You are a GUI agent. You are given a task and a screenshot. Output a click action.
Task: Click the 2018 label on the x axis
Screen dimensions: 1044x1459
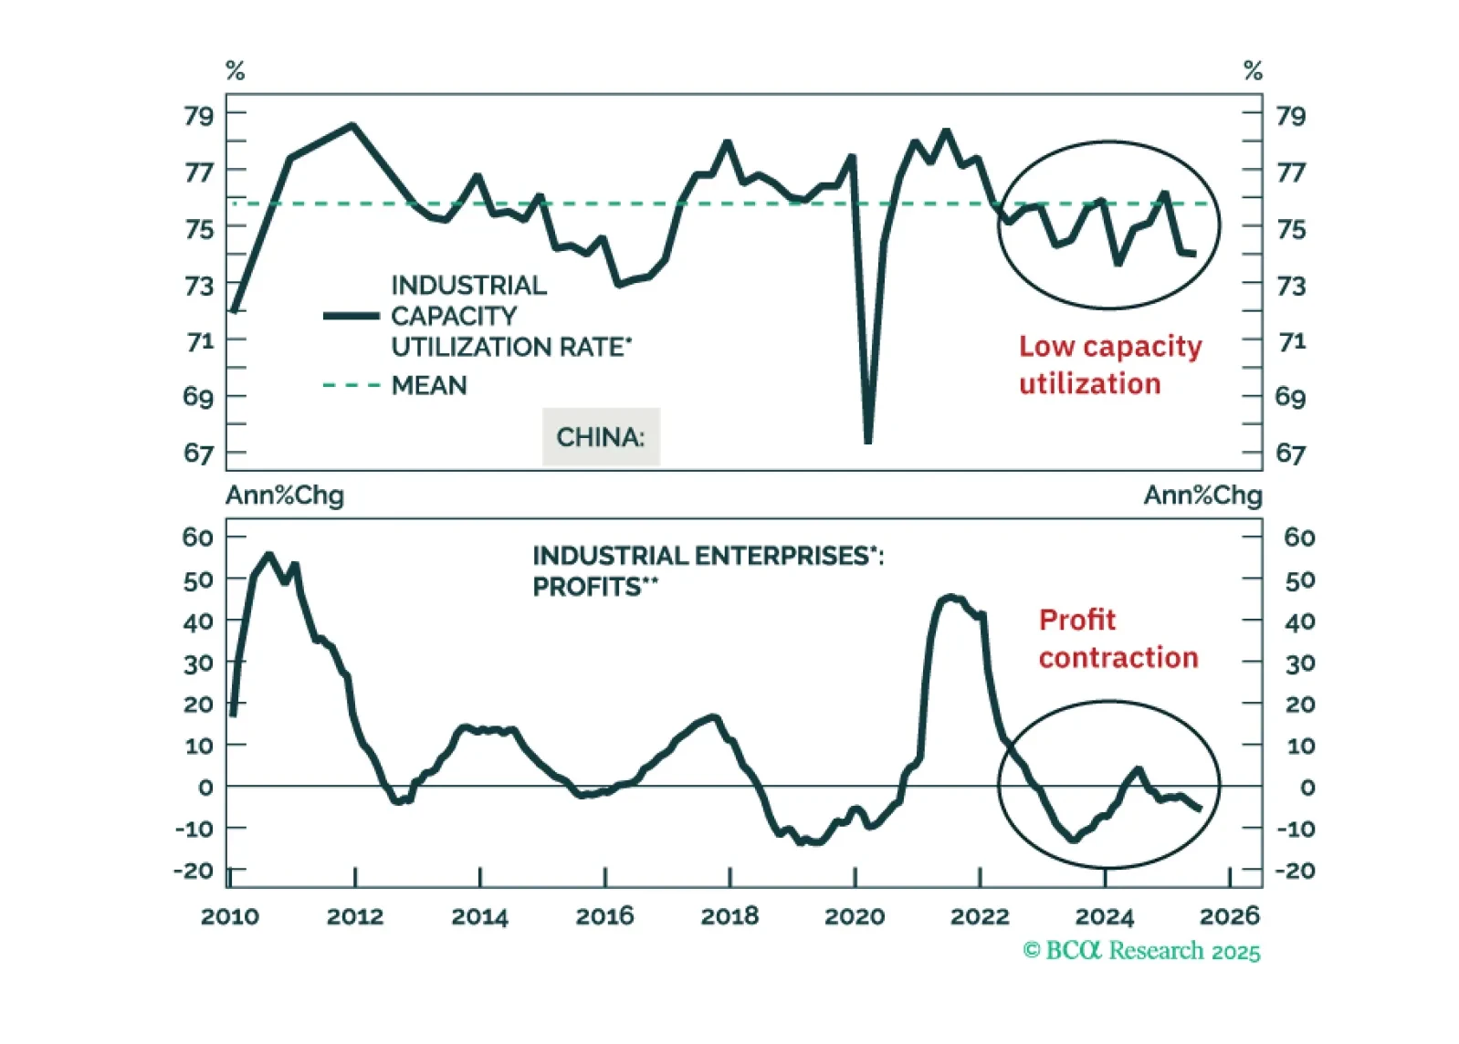tap(729, 916)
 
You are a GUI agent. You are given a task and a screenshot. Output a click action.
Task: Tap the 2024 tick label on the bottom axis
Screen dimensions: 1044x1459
tap(1105, 916)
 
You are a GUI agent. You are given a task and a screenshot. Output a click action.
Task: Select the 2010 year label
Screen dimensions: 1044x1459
tap(230, 916)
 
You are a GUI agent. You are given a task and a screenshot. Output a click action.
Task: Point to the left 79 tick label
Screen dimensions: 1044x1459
tap(198, 116)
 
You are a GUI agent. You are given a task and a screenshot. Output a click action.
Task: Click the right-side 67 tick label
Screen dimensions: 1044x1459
tap(1290, 454)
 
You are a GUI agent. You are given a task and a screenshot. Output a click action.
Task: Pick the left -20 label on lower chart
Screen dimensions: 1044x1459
tap(193, 871)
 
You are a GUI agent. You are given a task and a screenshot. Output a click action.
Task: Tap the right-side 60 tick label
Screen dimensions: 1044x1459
tap(1299, 538)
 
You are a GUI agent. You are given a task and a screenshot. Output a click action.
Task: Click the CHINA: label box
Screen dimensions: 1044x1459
tap(601, 437)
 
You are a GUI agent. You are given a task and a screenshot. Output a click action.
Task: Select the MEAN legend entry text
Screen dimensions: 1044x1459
tap(429, 386)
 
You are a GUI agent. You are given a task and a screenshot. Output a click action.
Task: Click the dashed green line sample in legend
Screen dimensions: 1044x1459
tap(352, 386)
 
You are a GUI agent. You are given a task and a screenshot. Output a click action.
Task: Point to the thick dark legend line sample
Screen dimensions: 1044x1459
tap(352, 316)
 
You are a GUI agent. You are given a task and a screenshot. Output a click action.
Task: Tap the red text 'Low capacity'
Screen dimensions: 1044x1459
tap(1110, 347)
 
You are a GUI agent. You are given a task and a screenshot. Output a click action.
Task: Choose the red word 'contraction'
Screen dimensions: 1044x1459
tap(1118, 658)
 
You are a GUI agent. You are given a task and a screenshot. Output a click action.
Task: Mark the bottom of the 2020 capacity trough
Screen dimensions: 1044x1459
tap(867, 441)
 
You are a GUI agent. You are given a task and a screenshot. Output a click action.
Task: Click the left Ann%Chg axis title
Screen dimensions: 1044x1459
tap(285, 496)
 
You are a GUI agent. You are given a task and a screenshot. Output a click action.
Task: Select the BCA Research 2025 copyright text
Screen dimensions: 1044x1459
tap(1141, 951)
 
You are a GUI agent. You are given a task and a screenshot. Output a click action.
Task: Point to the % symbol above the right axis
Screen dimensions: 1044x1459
tap(1253, 70)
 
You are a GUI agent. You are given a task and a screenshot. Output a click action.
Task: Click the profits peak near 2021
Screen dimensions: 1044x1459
tap(950, 598)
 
